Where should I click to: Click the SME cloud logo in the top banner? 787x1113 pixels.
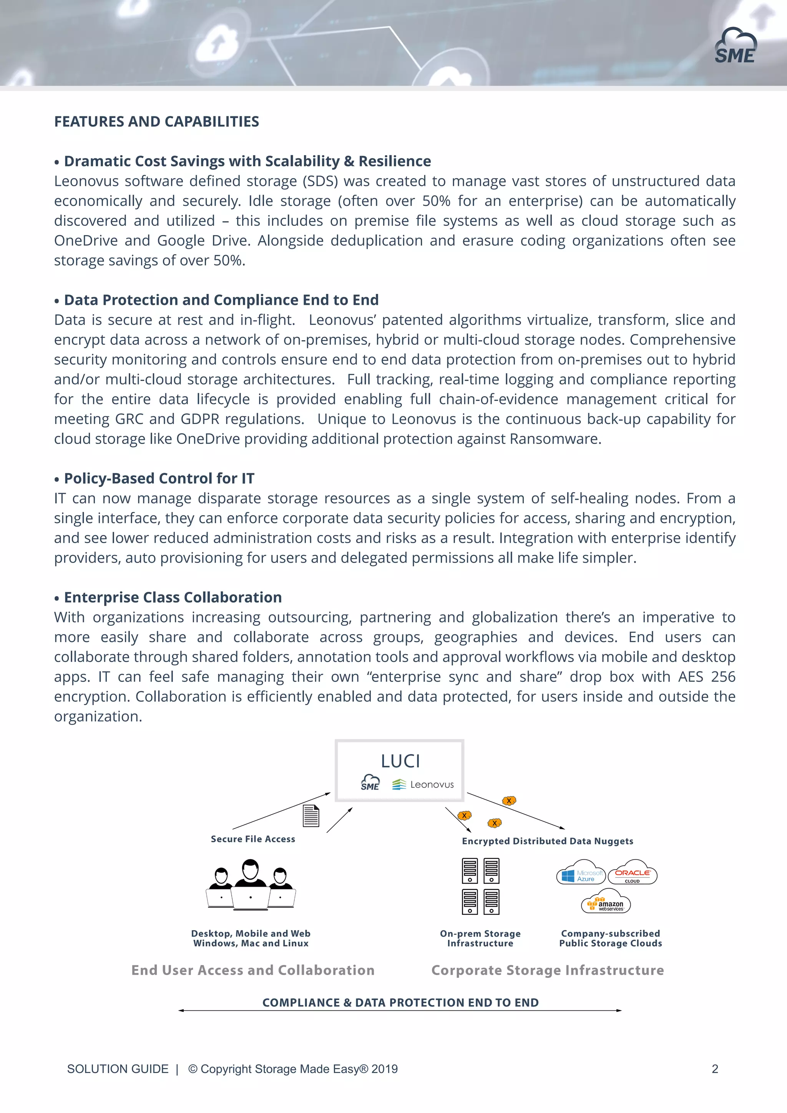[735, 46]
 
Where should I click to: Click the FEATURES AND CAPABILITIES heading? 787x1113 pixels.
[157, 122]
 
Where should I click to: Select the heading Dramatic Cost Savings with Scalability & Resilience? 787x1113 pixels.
[247, 161]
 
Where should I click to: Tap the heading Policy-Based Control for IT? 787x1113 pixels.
[159, 479]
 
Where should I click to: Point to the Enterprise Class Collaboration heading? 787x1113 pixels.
[173, 597]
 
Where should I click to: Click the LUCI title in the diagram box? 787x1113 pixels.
[400, 761]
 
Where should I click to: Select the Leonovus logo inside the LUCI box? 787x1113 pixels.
[423, 784]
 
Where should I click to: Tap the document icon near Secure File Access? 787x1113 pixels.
[311, 816]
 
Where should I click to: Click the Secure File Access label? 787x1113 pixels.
[252, 839]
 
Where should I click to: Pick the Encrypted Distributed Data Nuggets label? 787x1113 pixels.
[548, 841]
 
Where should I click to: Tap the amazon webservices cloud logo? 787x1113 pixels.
[606, 903]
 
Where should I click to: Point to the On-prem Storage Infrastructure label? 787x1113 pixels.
[480, 938]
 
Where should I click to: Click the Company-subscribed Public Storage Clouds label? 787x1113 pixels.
[611, 938]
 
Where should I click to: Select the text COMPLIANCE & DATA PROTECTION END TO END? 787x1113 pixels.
[400, 1002]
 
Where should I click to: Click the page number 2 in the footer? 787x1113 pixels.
[715, 1069]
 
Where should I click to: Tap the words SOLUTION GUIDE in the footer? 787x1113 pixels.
[118, 1069]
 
